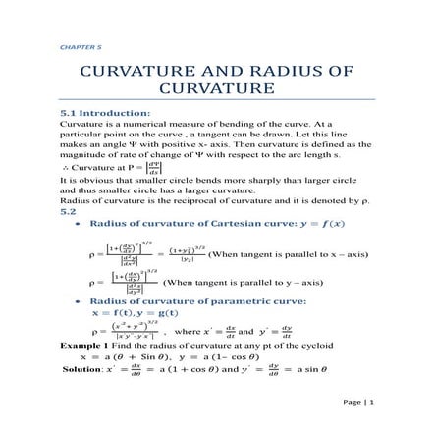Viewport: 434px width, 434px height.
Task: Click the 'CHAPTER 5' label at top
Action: [74, 46]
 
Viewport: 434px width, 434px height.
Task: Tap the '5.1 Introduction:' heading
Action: [106, 113]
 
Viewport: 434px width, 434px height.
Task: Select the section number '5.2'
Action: [68, 210]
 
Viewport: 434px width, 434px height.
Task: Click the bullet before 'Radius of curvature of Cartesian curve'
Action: [78, 224]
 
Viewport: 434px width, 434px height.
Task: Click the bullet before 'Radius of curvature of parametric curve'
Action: [78, 300]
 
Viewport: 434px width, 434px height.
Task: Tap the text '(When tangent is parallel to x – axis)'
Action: [274, 253]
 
